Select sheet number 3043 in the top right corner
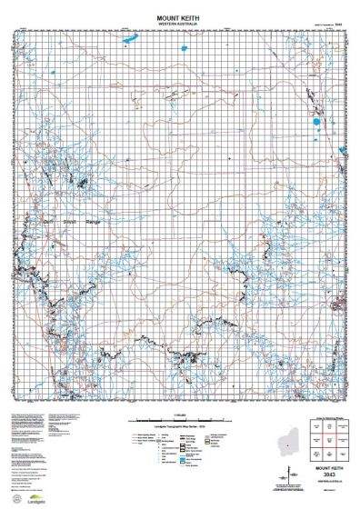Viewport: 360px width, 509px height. pos(338,25)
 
